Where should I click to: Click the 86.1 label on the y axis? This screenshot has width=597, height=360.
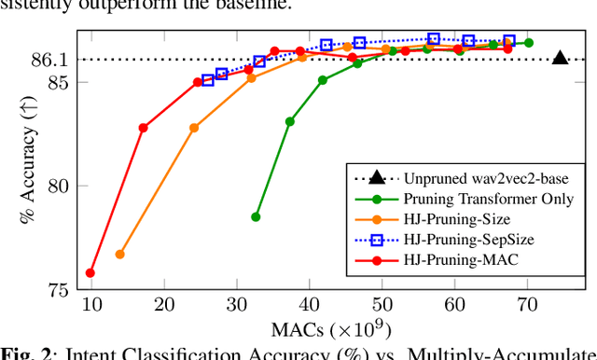tap(49, 60)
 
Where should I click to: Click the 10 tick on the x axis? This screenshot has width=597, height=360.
tap(90, 303)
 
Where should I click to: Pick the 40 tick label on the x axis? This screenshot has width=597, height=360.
tap(309, 303)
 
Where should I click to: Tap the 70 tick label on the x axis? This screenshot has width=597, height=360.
tap(527, 303)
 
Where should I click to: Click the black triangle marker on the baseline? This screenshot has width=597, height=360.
tap(560, 59)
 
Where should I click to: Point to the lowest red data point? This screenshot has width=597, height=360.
tap(90, 273)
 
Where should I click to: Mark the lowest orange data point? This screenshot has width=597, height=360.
tap(119, 254)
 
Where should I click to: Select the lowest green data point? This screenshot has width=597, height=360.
tap(256, 216)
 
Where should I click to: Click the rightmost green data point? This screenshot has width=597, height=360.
tap(529, 43)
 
